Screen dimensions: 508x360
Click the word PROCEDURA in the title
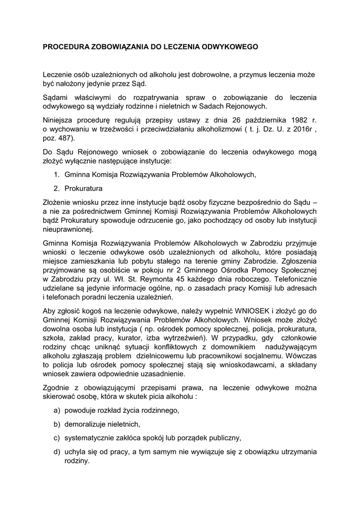[64, 47]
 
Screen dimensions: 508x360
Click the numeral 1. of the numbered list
[57, 175]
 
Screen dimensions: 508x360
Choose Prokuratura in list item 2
[83, 189]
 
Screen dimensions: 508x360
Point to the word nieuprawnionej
[68, 230]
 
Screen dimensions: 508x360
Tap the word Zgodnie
[56, 387]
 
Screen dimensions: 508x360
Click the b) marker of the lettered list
[57, 424]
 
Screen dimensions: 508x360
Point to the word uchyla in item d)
[74, 451]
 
